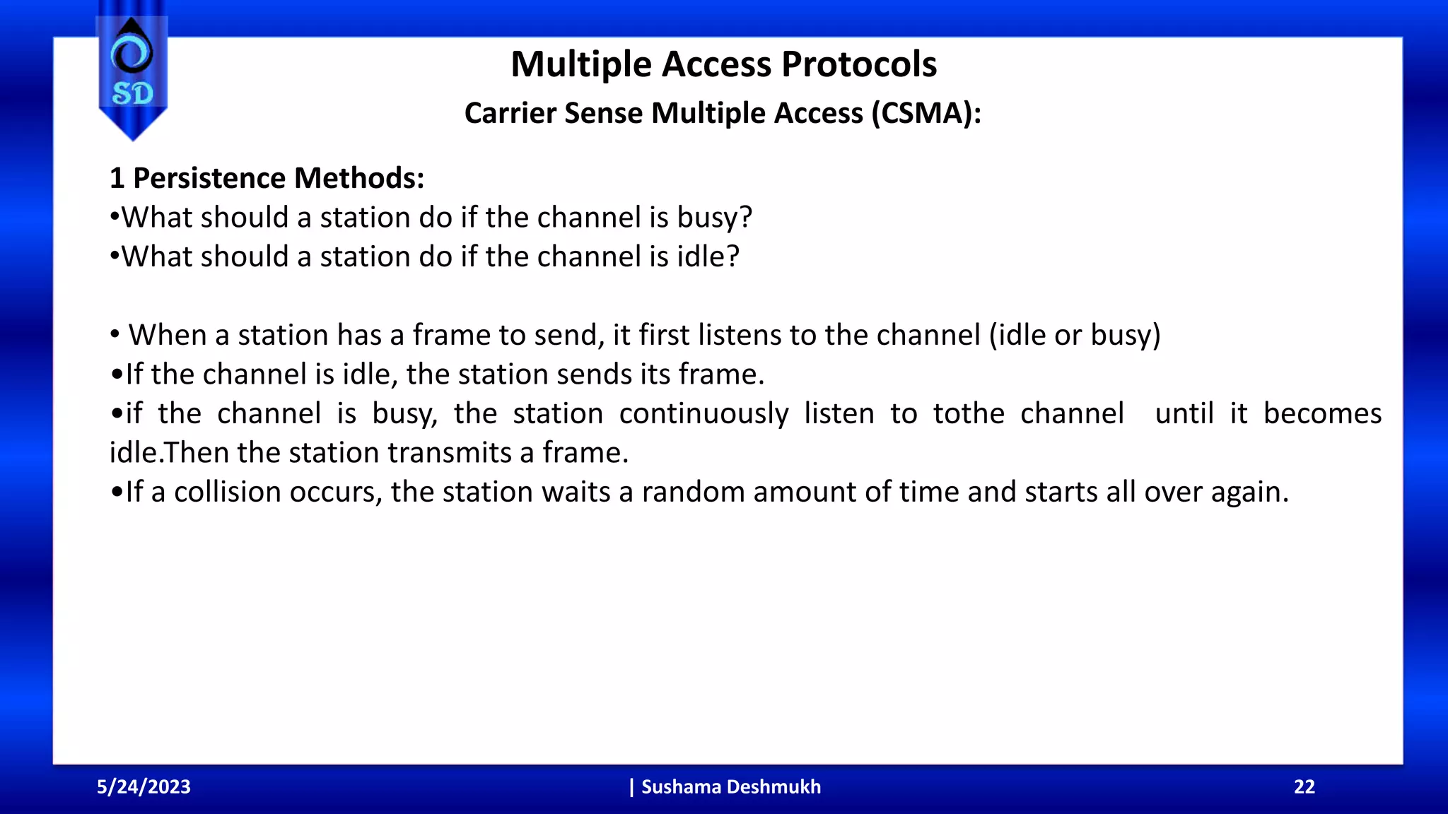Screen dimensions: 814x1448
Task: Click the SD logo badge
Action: coord(132,74)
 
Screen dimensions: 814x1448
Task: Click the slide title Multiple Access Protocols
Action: coord(723,64)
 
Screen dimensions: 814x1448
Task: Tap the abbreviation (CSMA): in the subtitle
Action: coord(926,113)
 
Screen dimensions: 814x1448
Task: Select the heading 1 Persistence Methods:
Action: coord(267,178)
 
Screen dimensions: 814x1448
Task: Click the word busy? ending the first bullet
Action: coord(714,218)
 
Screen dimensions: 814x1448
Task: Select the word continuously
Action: coord(703,414)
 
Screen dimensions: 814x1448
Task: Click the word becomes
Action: coord(1322,414)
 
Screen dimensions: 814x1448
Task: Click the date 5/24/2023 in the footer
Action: coord(144,787)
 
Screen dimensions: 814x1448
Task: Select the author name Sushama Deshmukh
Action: coord(730,787)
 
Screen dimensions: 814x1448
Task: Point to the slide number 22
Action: coord(1304,787)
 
